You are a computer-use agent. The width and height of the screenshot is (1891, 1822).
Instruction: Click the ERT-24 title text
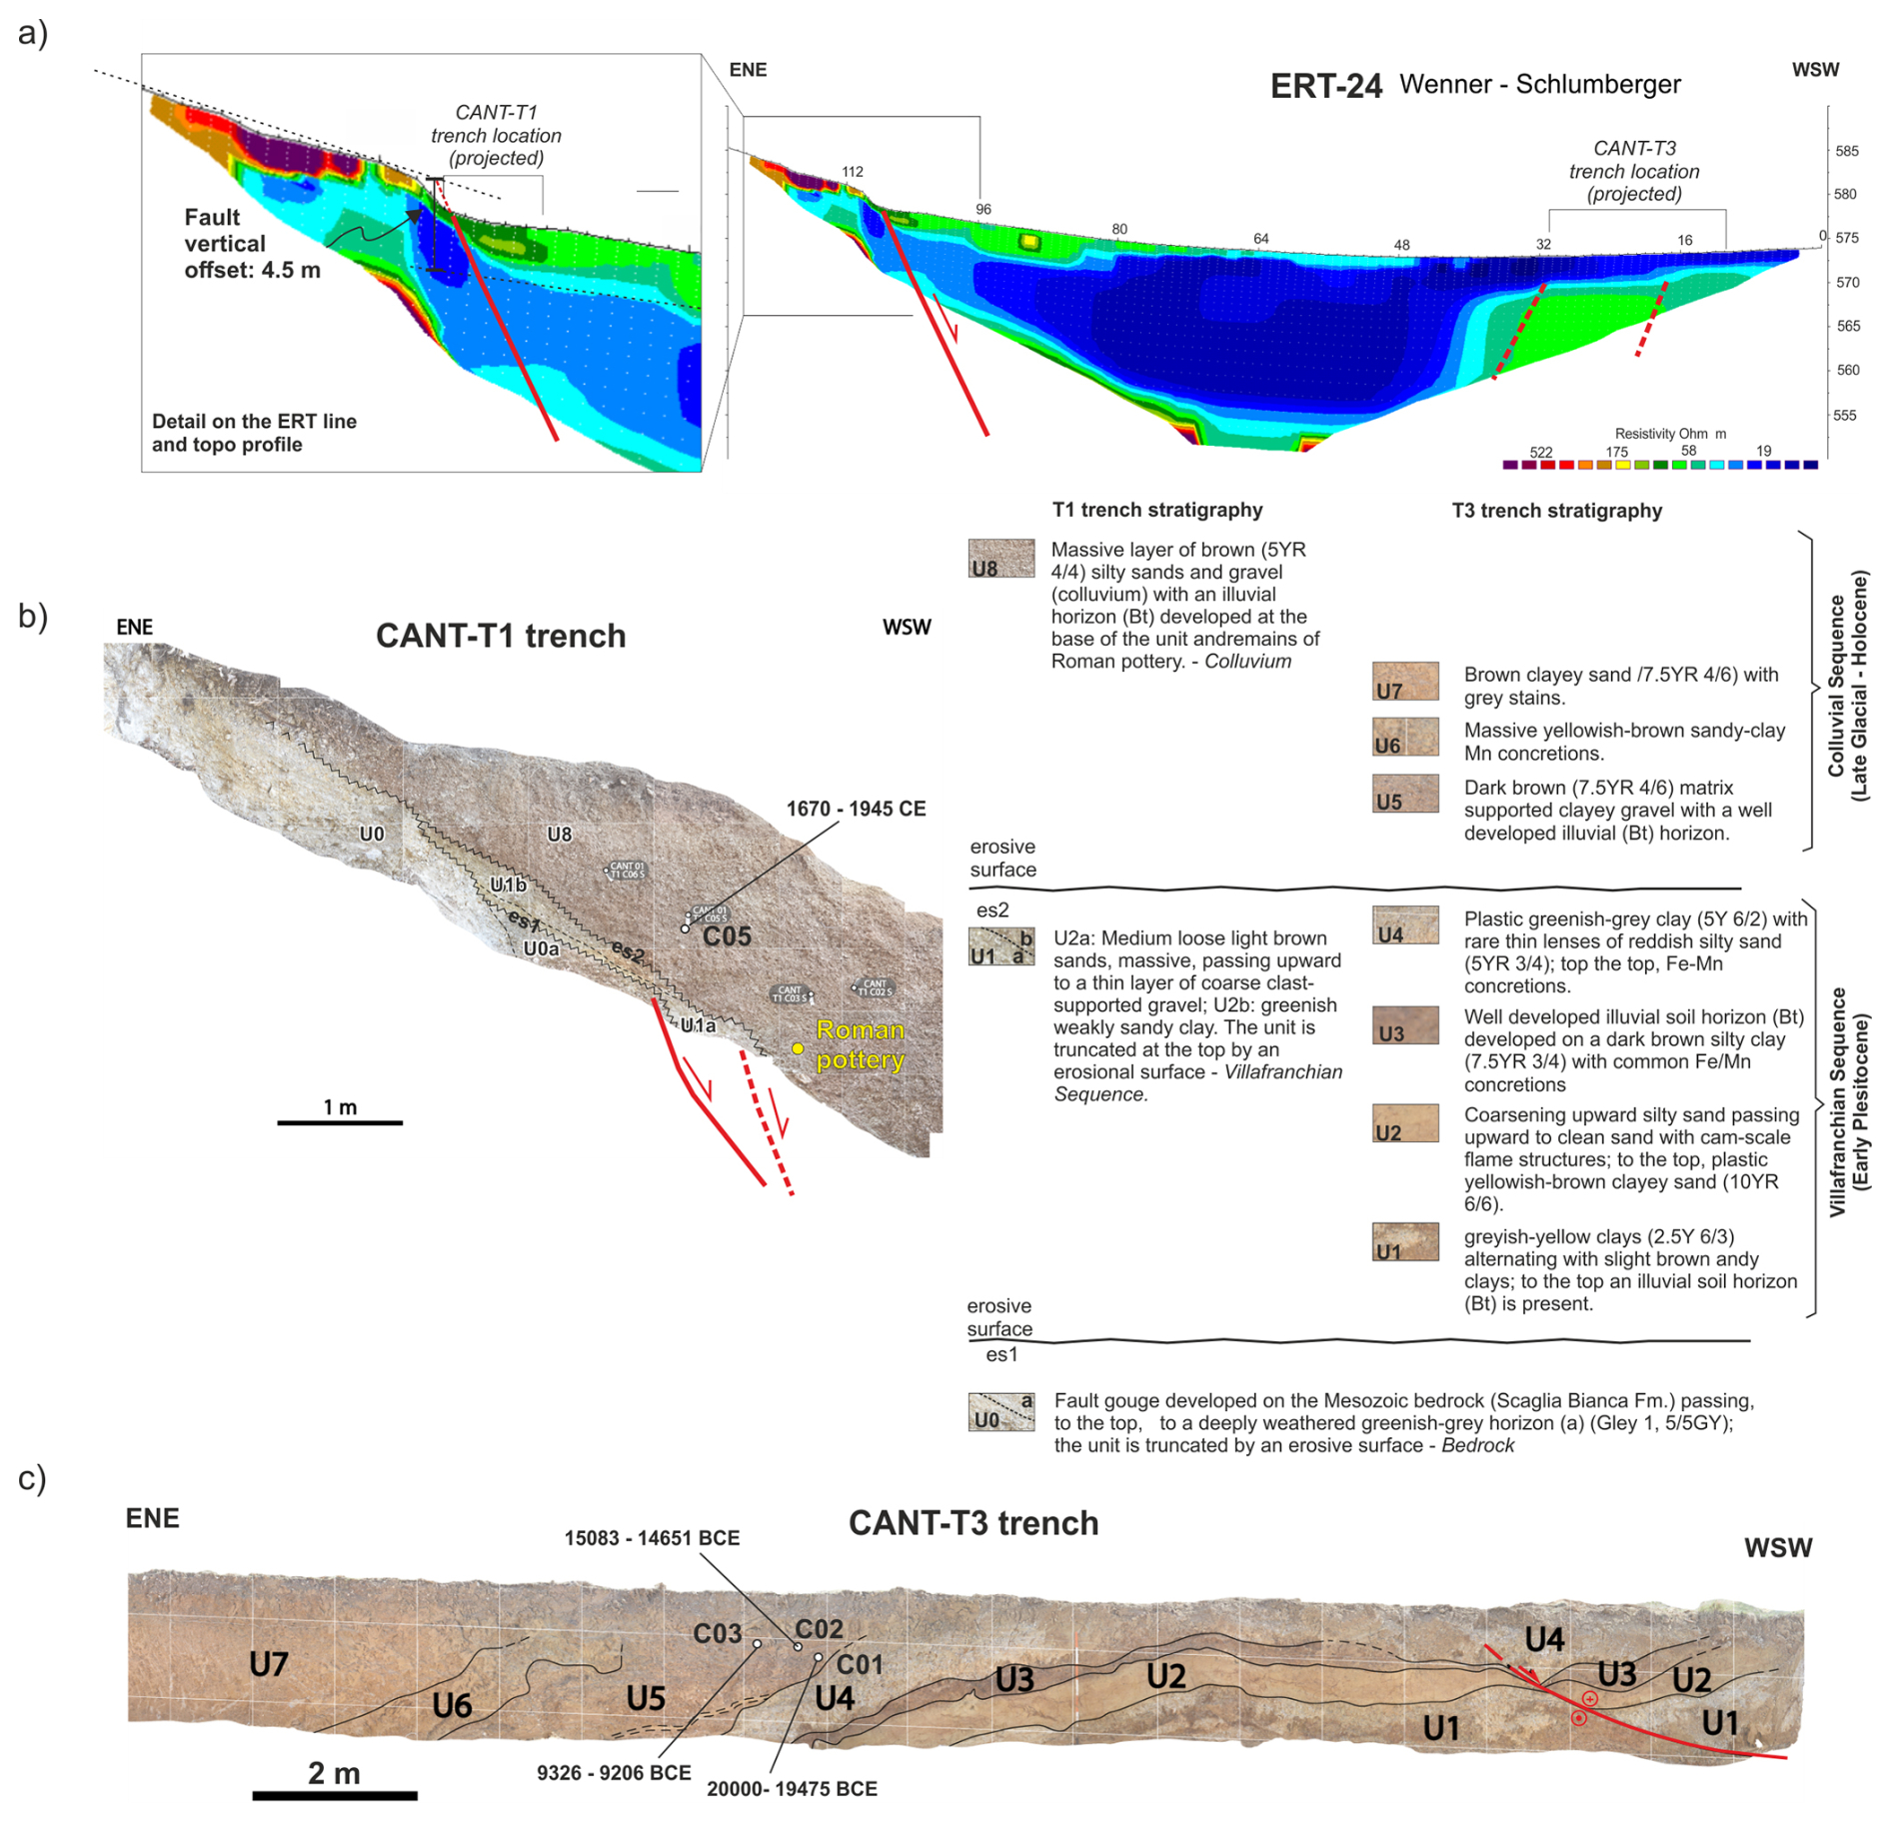point(1325,87)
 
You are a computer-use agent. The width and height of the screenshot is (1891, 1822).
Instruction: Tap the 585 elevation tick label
point(1846,151)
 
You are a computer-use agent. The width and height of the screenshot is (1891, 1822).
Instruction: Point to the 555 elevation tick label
point(1846,415)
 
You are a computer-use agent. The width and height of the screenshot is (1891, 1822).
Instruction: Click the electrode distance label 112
point(852,172)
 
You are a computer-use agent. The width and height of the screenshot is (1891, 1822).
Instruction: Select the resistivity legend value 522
point(1540,453)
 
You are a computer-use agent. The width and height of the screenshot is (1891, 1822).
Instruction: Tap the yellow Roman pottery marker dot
point(797,1048)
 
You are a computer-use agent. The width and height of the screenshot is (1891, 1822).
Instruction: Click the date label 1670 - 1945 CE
point(856,809)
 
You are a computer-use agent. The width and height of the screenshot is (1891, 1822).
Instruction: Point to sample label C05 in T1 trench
point(727,936)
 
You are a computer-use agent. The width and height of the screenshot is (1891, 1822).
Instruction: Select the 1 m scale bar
point(340,1122)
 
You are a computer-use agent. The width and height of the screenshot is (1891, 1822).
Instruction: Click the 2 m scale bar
point(334,1796)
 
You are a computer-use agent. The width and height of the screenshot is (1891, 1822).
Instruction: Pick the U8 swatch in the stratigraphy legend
point(1000,558)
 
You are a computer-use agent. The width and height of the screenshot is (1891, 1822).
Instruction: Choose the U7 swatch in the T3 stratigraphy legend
point(1404,681)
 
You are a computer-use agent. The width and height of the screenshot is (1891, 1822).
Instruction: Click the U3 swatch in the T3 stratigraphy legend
point(1404,1024)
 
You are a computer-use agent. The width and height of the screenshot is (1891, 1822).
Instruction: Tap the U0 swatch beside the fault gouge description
point(1000,1412)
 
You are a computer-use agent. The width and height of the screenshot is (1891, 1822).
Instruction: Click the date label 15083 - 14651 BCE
point(652,1538)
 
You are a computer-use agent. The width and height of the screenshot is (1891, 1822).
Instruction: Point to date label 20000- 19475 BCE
point(792,1789)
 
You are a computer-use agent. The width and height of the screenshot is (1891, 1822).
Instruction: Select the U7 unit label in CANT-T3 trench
point(269,1664)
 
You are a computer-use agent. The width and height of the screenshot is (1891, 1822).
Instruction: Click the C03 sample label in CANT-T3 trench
point(717,1633)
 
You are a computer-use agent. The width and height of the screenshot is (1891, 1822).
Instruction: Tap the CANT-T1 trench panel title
point(501,636)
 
